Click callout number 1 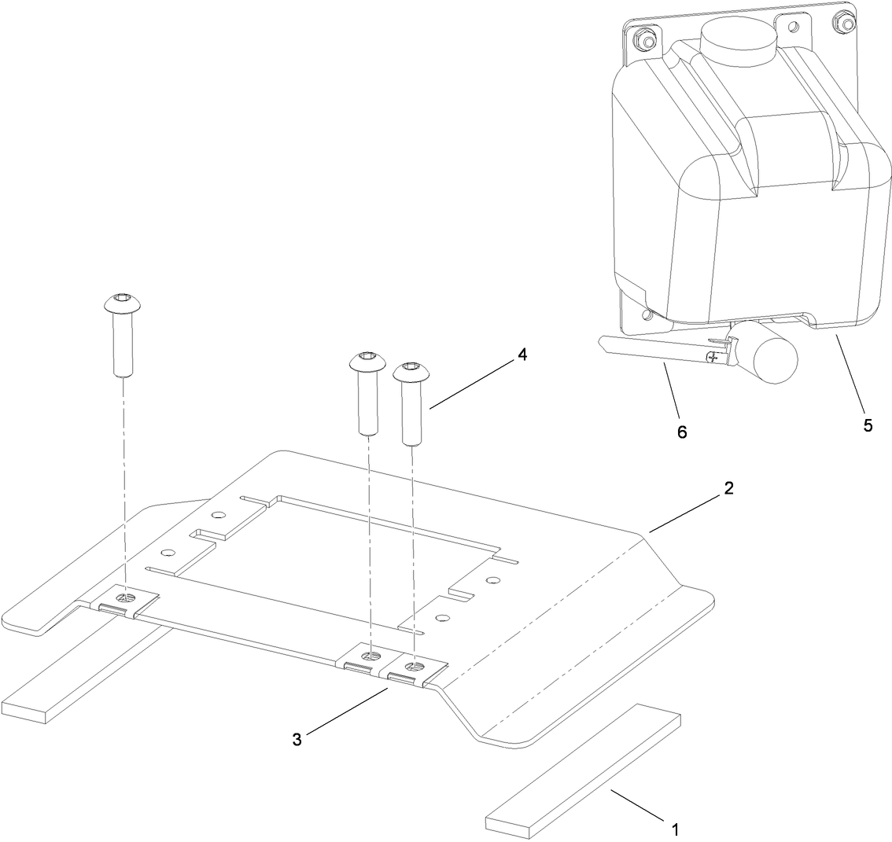pyautogui.click(x=674, y=828)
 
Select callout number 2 pyautogui.click(x=728, y=488)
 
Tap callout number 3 pyautogui.click(x=297, y=740)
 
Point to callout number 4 pyautogui.click(x=522, y=355)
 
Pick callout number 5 pyautogui.click(x=868, y=425)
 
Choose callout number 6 pyautogui.click(x=682, y=432)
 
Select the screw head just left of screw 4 pyautogui.click(x=367, y=362)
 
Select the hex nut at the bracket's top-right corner pyautogui.click(x=847, y=24)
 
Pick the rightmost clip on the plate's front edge pyautogui.click(x=411, y=669)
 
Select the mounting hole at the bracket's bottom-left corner pyautogui.click(x=647, y=315)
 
